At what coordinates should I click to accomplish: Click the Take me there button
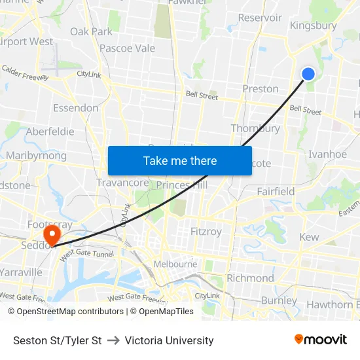click(180, 160)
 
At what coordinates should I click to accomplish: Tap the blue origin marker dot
click(308, 74)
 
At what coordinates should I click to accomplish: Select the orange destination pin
click(50, 234)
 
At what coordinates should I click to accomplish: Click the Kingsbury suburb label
click(313, 26)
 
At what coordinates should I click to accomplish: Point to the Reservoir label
click(260, 18)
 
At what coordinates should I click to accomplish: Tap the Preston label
click(261, 88)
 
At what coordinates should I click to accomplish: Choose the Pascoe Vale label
click(127, 48)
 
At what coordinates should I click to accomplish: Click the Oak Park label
click(91, 31)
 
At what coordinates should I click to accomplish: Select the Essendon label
click(75, 108)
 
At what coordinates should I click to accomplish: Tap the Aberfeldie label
click(50, 131)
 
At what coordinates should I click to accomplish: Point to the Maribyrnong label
click(36, 156)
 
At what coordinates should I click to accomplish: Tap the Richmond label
click(250, 278)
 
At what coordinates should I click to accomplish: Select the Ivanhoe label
click(327, 154)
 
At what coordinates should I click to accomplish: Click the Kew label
click(309, 237)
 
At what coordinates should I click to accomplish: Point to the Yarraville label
click(22, 272)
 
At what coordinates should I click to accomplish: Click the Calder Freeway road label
click(25, 73)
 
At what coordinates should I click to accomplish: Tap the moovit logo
click(321, 339)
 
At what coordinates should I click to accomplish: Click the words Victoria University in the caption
click(169, 340)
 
